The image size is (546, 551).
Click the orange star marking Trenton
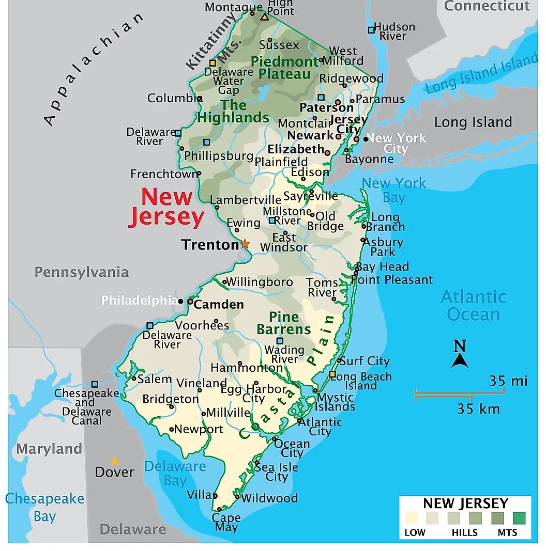245,243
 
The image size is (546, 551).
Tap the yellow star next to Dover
114,461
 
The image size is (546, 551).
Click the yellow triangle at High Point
264,17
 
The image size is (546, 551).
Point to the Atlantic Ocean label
473,305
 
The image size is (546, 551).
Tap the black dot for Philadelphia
180,301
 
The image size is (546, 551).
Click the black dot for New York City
366,138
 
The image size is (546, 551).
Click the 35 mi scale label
508,381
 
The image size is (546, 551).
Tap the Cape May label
226,522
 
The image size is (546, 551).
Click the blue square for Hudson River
371,30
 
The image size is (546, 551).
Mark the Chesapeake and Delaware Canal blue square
95,384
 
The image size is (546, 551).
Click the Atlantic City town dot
299,421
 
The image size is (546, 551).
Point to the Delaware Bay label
175,473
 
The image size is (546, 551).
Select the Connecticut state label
487,6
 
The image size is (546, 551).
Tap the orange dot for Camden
190,301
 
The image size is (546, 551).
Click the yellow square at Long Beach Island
332,374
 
